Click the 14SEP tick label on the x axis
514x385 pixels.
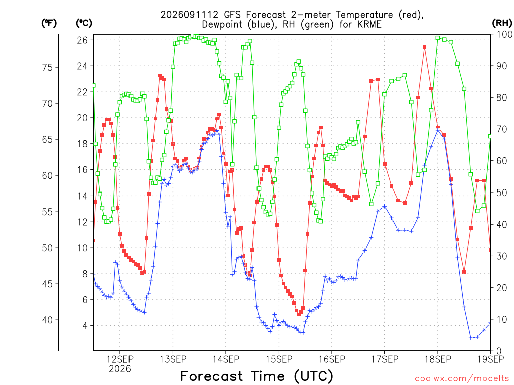226,359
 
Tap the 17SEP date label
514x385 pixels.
385,359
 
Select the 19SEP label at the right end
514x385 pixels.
491,359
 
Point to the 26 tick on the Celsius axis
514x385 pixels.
83,40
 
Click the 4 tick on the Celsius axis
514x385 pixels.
85,326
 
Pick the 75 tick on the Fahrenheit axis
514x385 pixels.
48,68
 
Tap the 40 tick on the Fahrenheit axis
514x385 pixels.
48,320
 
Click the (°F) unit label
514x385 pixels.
49,23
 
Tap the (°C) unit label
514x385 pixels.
84,23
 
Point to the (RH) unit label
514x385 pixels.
502,23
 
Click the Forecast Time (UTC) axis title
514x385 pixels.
256,376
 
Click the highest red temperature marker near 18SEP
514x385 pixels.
425,47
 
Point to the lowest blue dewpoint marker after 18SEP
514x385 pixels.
471,338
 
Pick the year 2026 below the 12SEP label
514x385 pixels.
120,369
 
